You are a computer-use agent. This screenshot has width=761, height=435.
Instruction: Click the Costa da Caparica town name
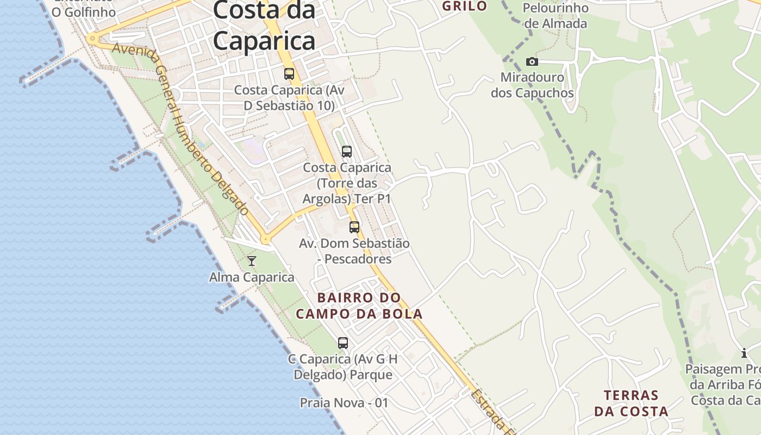pos(264,26)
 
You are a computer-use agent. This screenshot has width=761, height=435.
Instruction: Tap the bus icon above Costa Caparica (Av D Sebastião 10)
pos(289,74)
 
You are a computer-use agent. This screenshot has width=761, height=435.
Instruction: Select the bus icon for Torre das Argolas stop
pos(347,152)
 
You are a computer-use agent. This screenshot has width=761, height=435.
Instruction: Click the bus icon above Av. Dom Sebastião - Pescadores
pos(354,227)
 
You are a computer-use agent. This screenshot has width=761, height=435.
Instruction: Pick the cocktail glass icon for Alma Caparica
pos(252,262)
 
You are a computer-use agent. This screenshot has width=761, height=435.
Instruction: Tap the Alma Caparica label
pos(252,277)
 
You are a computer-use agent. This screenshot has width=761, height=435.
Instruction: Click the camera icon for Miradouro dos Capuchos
pos(532,62)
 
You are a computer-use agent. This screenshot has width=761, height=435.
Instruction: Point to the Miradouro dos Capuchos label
pos(532,85)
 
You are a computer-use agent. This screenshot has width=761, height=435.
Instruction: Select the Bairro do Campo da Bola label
pos(359,306)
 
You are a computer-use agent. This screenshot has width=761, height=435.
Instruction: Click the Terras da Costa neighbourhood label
pos(631,403)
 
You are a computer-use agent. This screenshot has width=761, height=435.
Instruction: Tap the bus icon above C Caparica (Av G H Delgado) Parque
pos(343,343)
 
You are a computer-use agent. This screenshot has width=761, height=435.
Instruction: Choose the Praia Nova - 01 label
pos(344,403)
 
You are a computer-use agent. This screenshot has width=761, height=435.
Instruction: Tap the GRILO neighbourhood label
pos(464,7)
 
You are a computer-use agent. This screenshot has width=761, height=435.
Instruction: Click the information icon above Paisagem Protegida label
pos(744,353)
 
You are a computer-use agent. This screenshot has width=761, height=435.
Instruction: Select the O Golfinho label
pos(83,11)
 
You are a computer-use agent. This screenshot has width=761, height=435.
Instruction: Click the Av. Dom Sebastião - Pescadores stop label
pos(354,251)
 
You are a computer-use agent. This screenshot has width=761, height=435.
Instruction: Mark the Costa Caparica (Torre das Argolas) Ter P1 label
pos(347,183)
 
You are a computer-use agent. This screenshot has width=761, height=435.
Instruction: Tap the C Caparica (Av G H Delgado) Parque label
pos(343,367)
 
